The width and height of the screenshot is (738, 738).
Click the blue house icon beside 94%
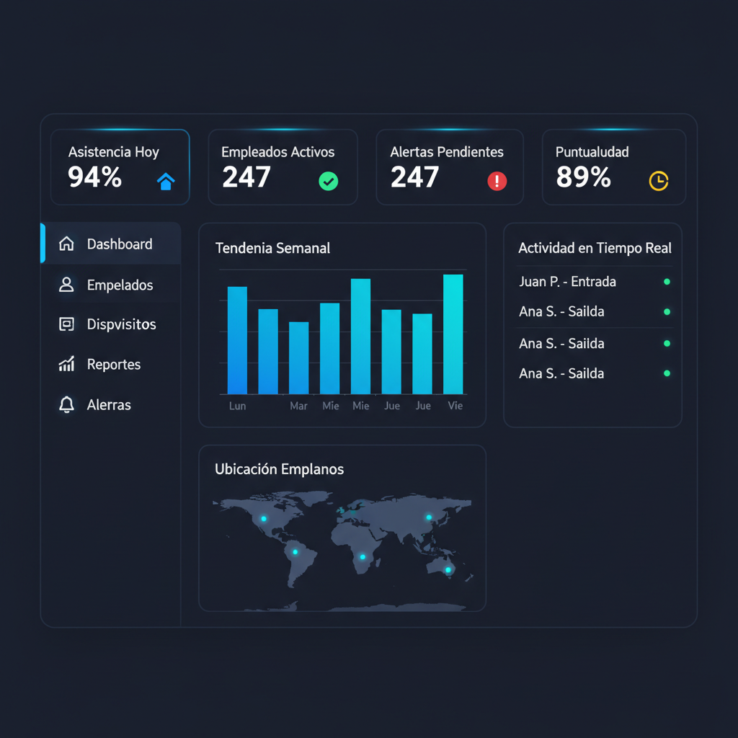pos(166,181)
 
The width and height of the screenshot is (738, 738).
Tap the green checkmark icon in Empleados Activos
pos(328,181)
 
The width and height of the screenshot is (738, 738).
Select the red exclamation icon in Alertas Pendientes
pos(497,181)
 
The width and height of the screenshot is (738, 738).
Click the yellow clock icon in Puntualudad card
pos(659,181)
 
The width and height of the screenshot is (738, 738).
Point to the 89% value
pos(583,177)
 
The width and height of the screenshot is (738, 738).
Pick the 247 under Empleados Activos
pos(246,177)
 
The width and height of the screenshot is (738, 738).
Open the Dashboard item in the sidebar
pos(120,244)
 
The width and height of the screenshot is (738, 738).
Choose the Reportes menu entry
pos(114,364)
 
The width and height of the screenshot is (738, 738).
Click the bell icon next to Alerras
pos(66,404)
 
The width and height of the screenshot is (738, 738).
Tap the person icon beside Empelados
pos(66,284)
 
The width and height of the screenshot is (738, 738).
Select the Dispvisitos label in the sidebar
pos(121,324)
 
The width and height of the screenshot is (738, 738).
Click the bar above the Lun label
pos(237,340)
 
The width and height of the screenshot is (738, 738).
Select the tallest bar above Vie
pos(453,334)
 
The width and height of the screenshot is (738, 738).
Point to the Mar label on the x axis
pos(298,406)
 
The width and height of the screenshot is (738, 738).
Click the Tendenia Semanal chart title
pos(272,248)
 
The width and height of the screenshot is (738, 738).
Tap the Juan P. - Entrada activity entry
pos(567,282)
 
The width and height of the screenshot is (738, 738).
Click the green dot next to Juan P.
pos(667,282)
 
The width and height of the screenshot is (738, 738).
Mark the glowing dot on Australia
pos(448,570)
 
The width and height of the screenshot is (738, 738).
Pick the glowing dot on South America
pos(295,552)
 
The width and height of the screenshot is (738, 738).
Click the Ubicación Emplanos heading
pos(279,469)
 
